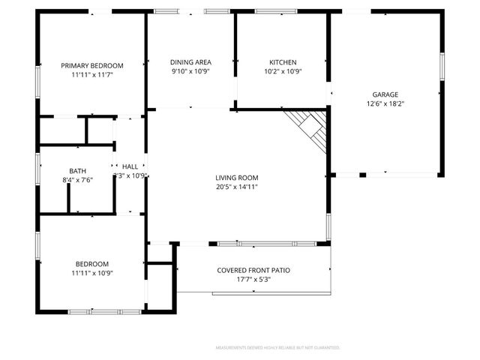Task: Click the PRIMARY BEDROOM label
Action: (x=92, y=65)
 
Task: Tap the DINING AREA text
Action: (x=190, y=62)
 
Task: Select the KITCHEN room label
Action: (x=283, y=62)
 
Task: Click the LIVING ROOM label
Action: (x=237, y=178)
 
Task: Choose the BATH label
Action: (x=77, y=170)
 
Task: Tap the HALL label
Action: (x=130, y=166)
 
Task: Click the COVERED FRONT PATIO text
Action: (x=253, y=270)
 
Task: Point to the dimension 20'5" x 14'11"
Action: (x=237, y=187)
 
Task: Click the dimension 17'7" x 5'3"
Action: (x=253, y=280)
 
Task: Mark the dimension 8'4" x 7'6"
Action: (x=77, y=179)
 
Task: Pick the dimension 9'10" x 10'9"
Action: (x=190, y=72)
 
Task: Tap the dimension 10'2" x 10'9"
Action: (x=283, y=72)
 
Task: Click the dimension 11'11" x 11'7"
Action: (x=92, y=75)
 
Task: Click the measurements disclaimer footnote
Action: (x=277, y=348)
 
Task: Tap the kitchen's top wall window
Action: (x=270, y=11)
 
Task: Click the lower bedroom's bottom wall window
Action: (x=105, y=311)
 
